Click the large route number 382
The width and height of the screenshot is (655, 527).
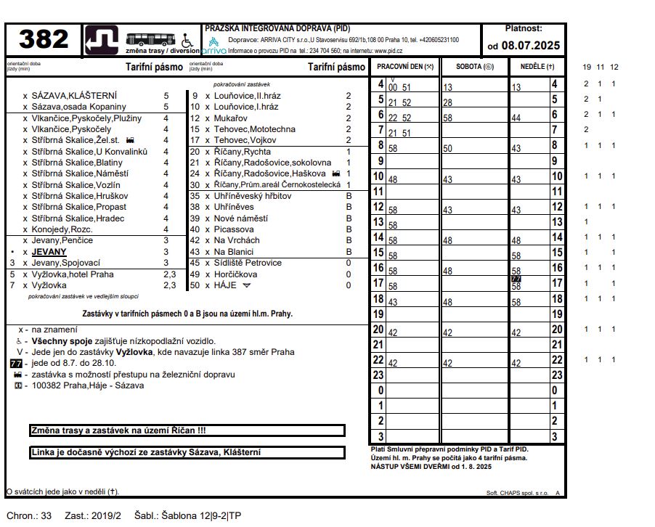coord(44,40)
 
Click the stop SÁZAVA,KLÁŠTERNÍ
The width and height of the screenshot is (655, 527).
coord(74,96)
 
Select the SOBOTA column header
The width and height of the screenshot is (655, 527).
coord(474,66)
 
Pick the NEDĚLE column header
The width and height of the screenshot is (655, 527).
coord(537,66)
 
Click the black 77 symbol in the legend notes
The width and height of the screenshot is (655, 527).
coord(15,363)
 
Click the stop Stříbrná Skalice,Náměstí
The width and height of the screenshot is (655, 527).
coord(80,173)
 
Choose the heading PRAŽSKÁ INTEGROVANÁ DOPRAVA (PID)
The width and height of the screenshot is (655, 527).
coord(277,28)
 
